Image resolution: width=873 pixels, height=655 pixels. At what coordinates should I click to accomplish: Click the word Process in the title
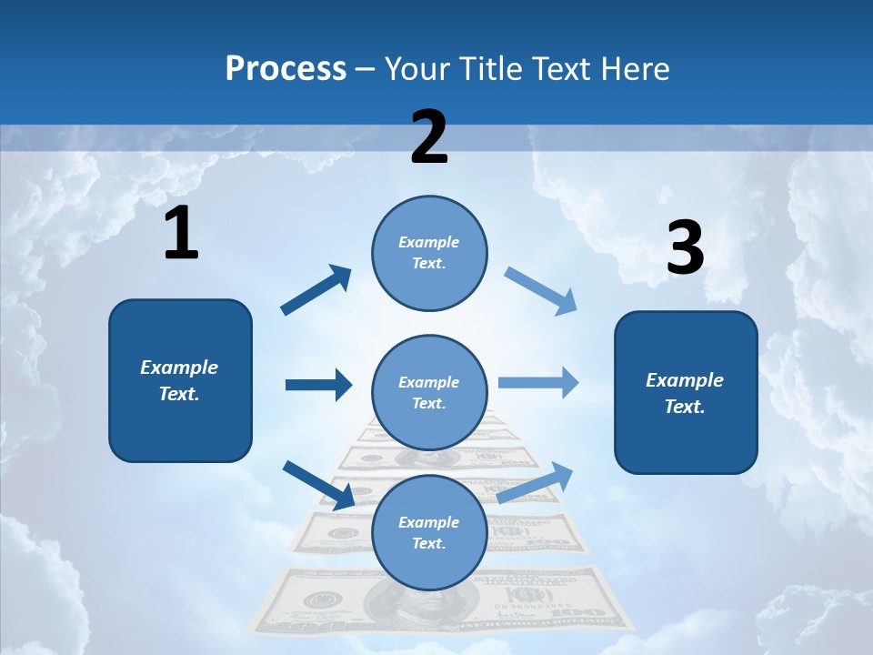click(x=286, y=69)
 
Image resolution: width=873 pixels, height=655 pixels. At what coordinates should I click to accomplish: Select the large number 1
click(x=181, y=234)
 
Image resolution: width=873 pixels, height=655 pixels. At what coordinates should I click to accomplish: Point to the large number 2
click(x=429, y=137)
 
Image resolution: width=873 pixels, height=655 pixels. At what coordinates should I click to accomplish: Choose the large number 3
click(x=685, y=247)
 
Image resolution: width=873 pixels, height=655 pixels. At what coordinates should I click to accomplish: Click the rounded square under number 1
click(x=180, y=380)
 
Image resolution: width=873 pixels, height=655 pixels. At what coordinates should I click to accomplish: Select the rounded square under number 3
click(x=686, y=393)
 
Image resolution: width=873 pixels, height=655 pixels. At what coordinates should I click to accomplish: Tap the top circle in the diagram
click(x=429, y=253)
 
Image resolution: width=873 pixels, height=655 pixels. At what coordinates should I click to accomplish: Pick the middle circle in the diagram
click(x=429, y=392)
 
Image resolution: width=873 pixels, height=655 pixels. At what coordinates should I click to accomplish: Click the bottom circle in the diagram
click(x=429, y=532)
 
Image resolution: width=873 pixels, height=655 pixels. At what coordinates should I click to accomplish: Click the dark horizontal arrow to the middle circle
click(x=319, y=385)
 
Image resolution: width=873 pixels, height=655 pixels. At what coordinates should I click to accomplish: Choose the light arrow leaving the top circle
click(x=541, y=290)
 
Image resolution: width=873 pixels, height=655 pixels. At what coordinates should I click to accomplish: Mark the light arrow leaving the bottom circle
click(x=536, y=482)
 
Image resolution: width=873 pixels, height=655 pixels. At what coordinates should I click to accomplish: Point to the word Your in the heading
click(x=415, y=69)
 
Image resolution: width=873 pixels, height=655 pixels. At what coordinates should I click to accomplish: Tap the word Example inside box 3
click(x=685, y=380)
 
